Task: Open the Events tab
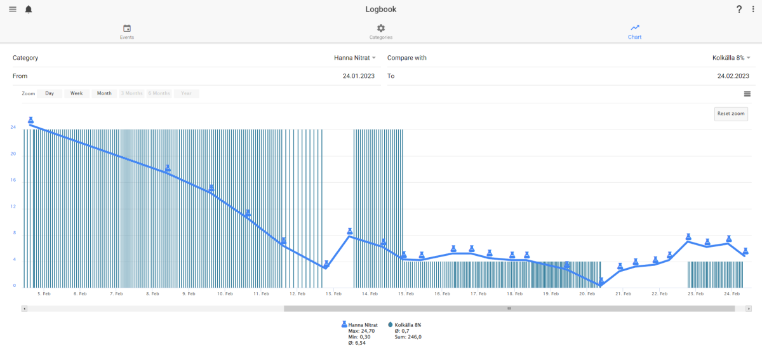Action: [127, 32]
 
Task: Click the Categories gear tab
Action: [380, 32]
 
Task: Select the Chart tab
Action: [634, 32]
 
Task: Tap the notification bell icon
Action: [29, 10]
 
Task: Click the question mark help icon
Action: [739, 9]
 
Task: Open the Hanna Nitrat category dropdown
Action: [355, 58]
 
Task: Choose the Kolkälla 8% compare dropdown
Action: [732, 58]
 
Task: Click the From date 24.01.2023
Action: [359, 76]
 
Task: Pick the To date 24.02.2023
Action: [733, 76]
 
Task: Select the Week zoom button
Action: [77, 93]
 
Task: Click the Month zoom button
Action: [104, 93]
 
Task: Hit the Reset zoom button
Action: [731, 114]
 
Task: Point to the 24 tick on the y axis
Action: [13, 127]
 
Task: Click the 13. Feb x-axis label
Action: [333, 293]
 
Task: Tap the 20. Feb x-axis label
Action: [587, 293]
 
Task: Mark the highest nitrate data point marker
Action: [30, 121]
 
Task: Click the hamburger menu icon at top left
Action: [13, 9]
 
